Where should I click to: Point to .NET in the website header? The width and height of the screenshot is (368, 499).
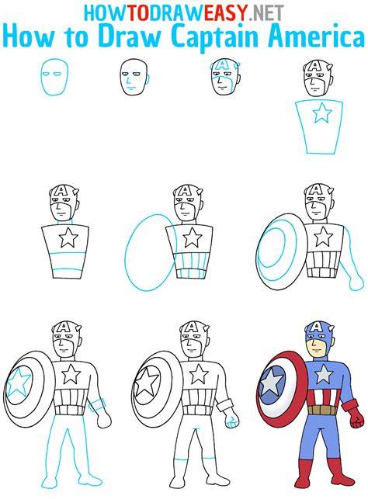click(266, 13)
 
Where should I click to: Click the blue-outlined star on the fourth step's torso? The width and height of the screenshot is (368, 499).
click(322, 113)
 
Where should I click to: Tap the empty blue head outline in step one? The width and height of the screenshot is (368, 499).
click(54, 78)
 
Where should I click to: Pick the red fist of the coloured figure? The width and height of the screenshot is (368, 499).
click(357, 422)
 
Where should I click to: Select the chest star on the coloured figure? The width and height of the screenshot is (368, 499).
click(325, 374)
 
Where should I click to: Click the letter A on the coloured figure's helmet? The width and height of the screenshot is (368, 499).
click(317, 327)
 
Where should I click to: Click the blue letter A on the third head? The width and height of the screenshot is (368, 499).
click(221, 65)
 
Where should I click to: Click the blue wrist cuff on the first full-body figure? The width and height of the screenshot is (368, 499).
click(97, 405)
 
